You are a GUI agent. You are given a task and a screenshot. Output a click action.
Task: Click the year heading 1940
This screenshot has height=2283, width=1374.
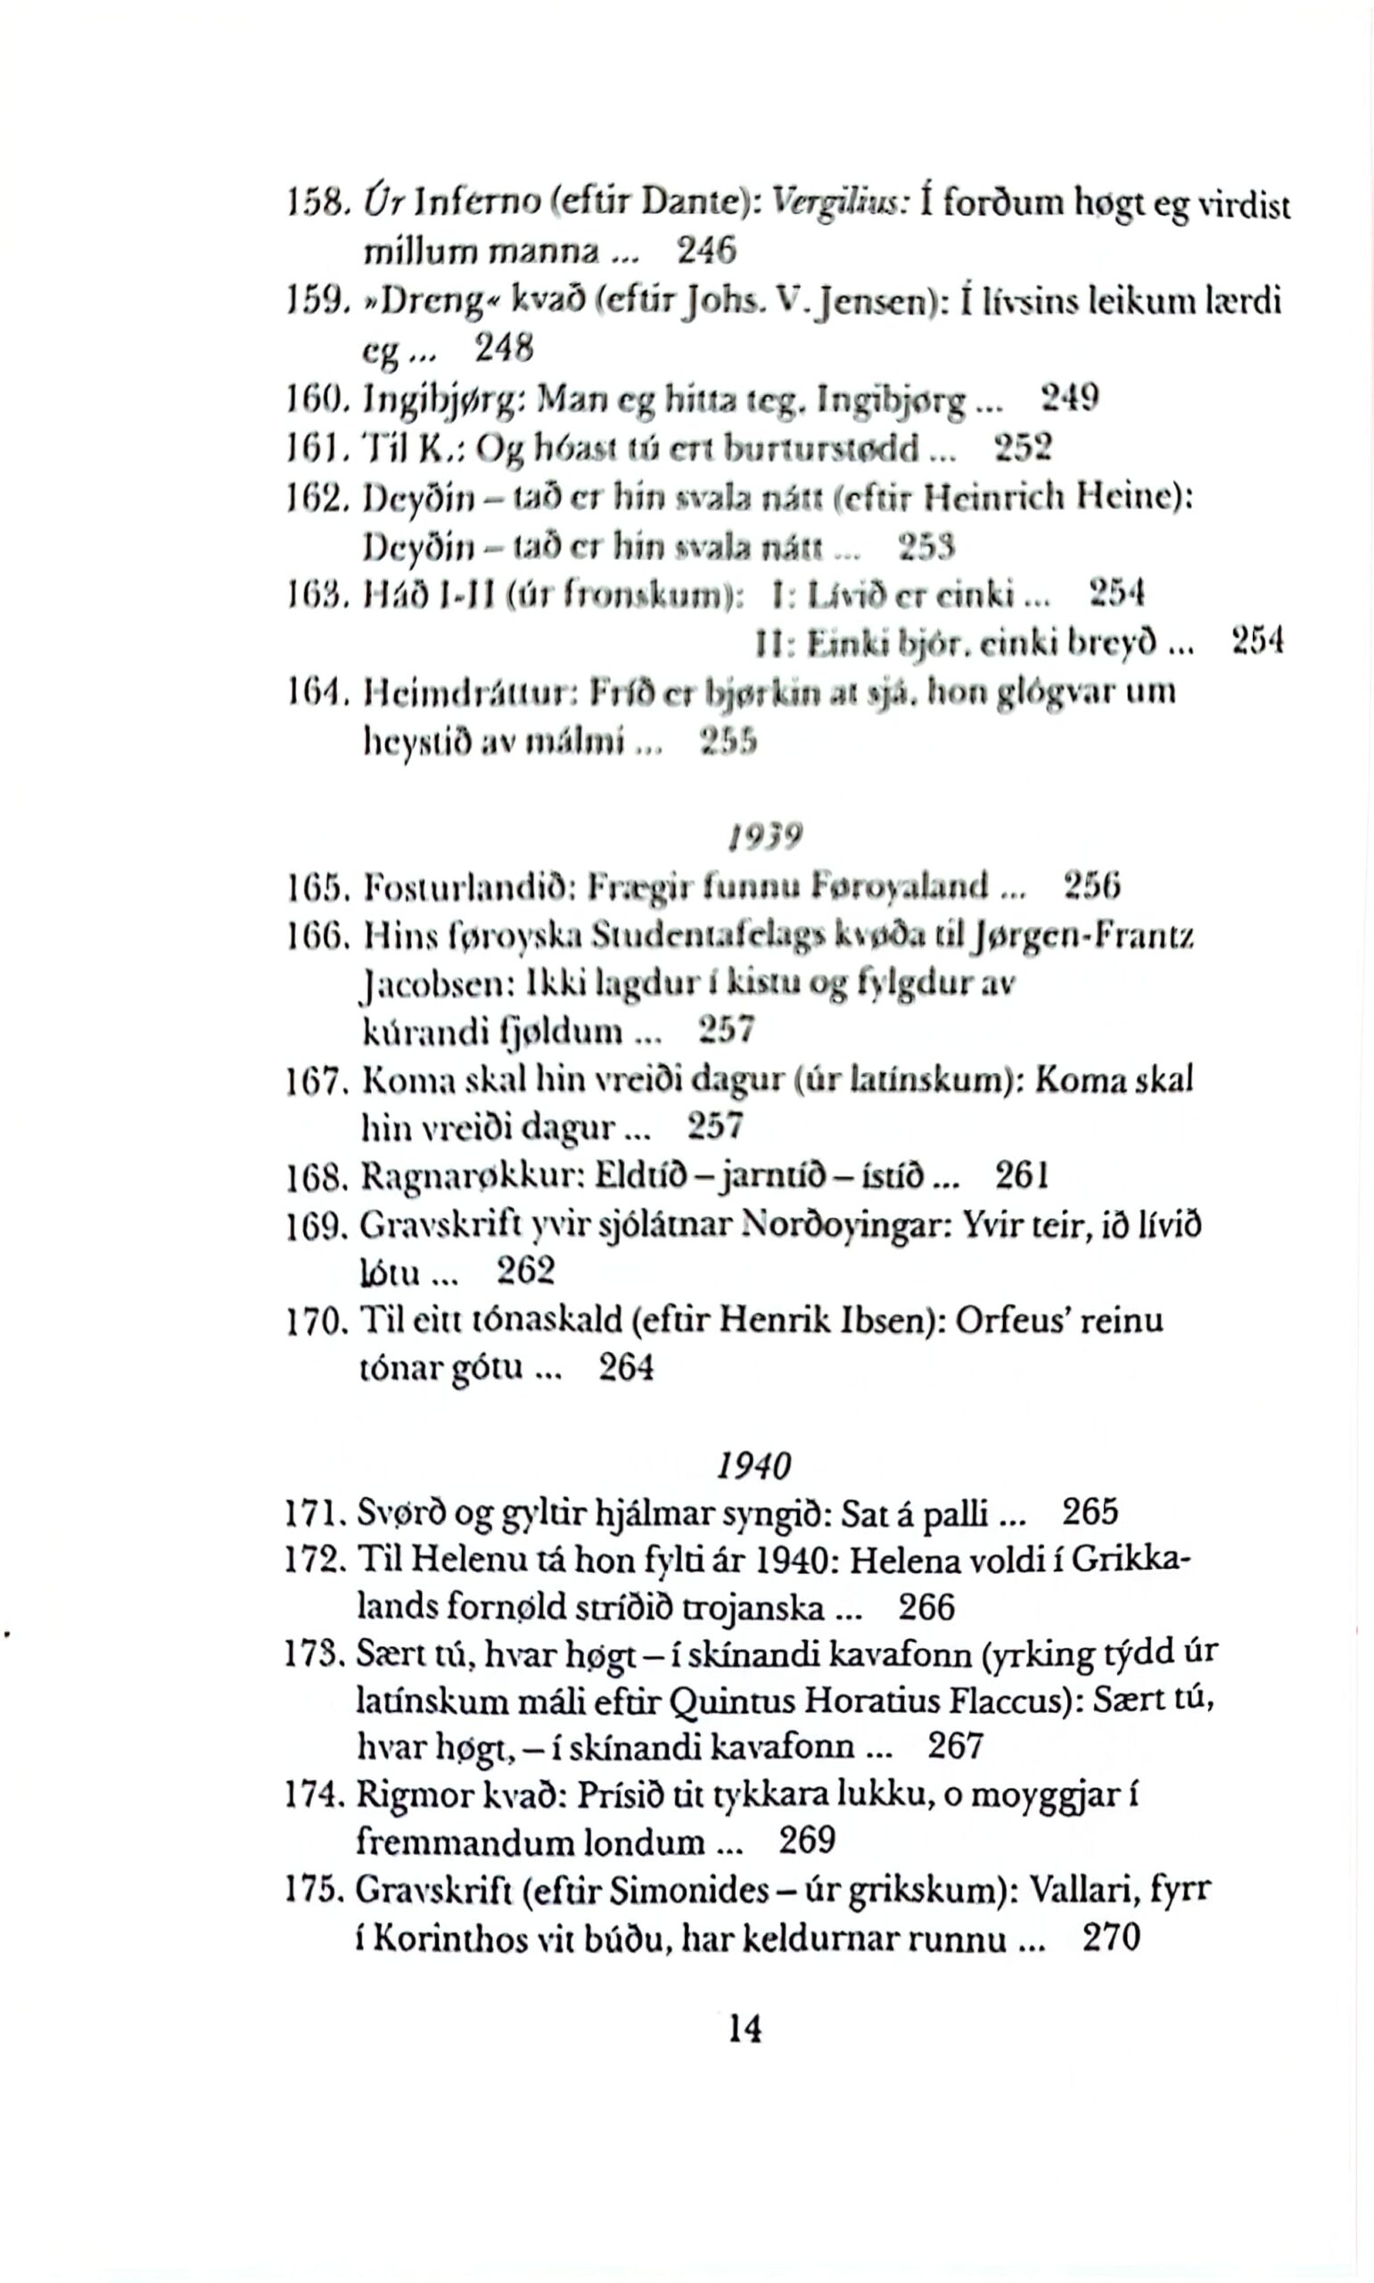(x=754, y=1465)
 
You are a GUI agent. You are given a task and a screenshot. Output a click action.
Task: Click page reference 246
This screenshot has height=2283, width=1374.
(x=706, y=250)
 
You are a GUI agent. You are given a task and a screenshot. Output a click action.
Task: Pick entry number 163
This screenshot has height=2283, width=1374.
(x=315, y=592)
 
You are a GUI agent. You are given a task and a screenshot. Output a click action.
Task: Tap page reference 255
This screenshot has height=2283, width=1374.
(x=729, y=742)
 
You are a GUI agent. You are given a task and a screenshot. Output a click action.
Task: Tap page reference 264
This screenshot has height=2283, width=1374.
(x=627, y=1368)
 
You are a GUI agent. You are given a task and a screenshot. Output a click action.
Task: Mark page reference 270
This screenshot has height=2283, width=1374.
(x=1112, y=1938)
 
